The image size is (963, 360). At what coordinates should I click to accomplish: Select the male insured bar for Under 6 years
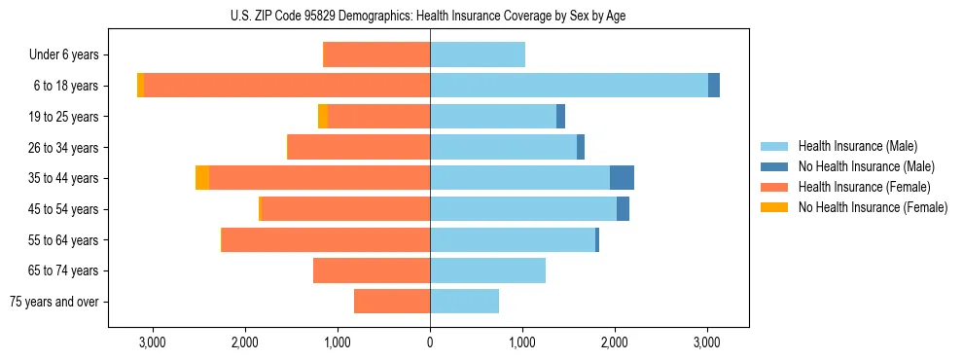[x=478, y=54]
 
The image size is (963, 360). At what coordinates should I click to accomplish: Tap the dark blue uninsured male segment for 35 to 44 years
[x=622, y=178]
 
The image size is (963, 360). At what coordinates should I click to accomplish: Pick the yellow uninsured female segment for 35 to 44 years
[x=202, y=178]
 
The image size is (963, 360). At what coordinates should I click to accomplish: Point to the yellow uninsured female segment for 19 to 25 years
[x=323, y=117]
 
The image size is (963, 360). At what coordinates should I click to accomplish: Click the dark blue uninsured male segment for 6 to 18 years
[x=714, y=86]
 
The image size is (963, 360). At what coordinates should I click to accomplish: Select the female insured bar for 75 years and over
[x=392, y=302]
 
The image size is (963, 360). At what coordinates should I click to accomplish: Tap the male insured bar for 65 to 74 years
[x=487, y=270]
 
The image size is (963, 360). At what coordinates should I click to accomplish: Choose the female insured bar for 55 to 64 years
[x=326, y=240]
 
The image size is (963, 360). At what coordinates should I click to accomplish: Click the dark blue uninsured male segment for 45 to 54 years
[x=623, y=209]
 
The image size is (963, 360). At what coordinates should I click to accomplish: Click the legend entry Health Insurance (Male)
[x=857, y=146]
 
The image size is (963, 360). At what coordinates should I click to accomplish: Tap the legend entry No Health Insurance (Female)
[x=873, y=207]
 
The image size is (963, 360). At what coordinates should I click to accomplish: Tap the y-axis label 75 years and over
[x=54, y=302]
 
